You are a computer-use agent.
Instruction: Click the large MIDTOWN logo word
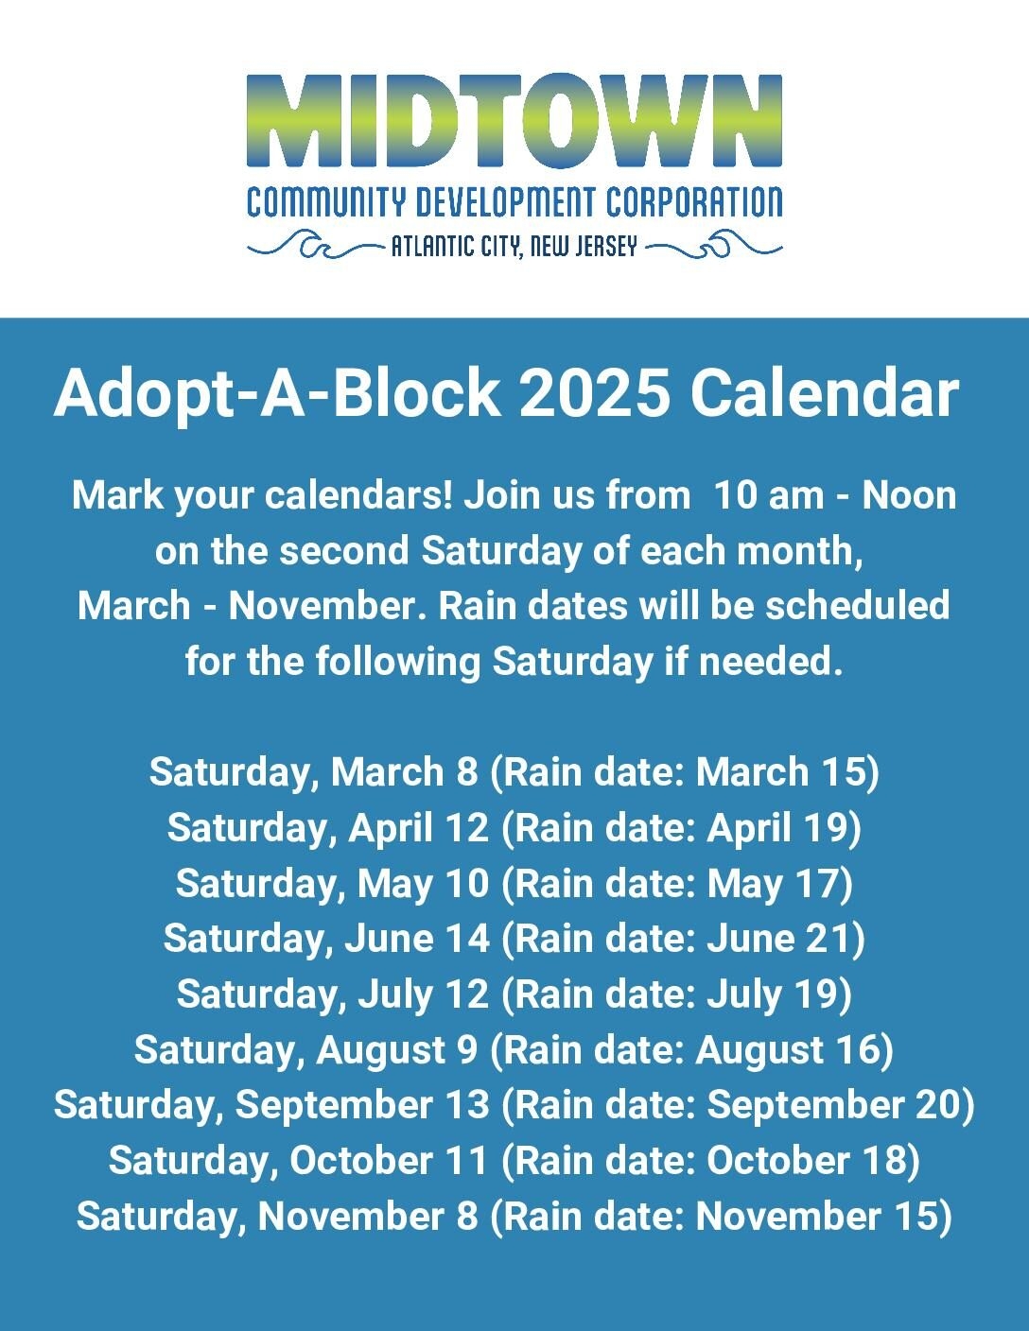click(514, 119)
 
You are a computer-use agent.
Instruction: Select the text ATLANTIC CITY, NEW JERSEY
click(514, 247)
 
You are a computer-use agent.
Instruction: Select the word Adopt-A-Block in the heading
click(276, 395)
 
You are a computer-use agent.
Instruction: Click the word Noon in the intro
click(909, 495)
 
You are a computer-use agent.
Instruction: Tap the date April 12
click(419, 827)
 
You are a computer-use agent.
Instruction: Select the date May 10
click(424, 883)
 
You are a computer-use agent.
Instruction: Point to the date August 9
click(397, 1050)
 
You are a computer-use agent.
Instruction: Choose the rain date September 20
click(834, 1105)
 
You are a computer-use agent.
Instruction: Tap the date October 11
click(390, 1160)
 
